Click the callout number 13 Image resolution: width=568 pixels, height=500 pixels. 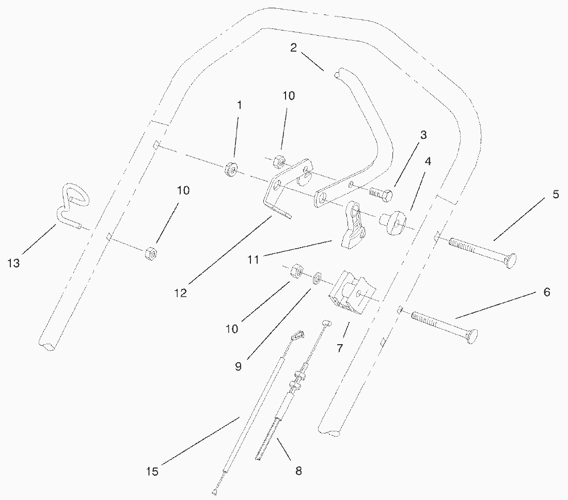pyautogui.click(x=13, y=263)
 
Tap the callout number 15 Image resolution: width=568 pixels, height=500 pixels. pyautogui.click(x=152, y=471)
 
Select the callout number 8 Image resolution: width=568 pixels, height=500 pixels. pyautogui.click(x=298, y=470)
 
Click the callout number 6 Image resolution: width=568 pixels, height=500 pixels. pyautogui.click(x=547, y=293)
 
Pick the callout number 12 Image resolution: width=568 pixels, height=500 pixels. pyautogui.click(x=181, y=293)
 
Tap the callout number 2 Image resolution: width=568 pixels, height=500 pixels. pyautogui.click(x=293, y=48)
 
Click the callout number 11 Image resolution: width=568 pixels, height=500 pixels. pyautogui.click(x=253, y=260)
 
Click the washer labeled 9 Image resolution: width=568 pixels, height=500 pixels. pyautogui.click(x=318, y=279)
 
